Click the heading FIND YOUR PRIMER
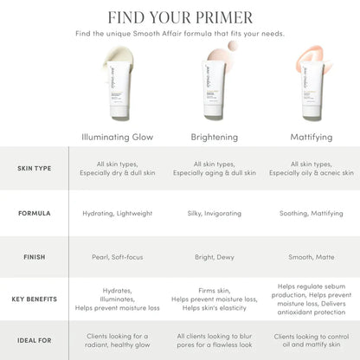coord(180,17)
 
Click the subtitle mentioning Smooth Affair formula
coord(180,34)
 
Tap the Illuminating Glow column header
coord(119,137)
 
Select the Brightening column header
coord(215,137)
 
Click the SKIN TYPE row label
coord(34,168)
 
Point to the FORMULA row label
coord(34,212)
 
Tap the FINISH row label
coord(34,256)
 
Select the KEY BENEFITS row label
coord(34,299)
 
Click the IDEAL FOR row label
coord(34,340)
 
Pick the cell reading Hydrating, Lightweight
coord(119,212)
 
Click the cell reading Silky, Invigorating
coord(215,212)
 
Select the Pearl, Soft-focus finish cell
coord(119,256)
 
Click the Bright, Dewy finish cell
coord(215,256)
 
